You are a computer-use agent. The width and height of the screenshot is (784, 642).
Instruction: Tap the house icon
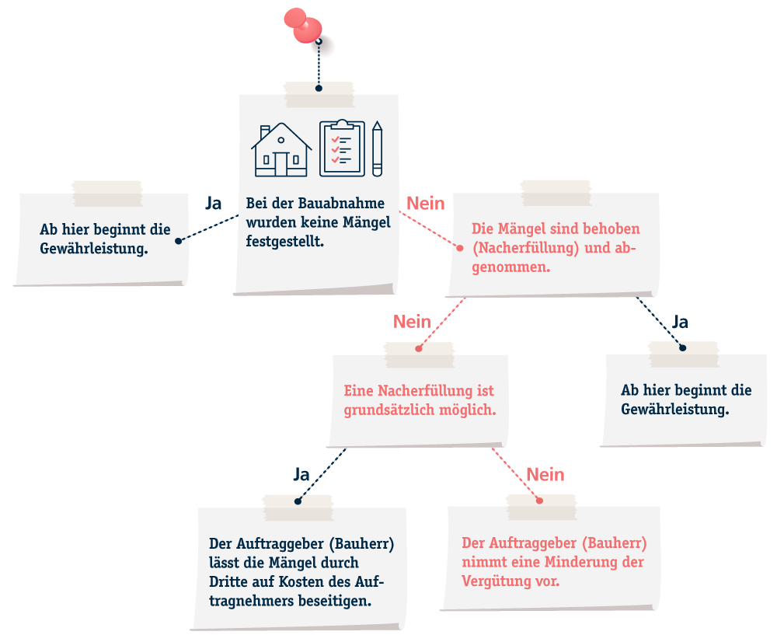click(x=281, y=149)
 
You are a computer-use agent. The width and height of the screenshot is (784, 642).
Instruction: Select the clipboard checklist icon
click(x=342, y=148)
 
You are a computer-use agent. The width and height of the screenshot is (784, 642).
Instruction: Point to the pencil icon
click(x=377, y=148)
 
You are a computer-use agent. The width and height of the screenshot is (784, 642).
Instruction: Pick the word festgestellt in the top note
click(x=284, y=242)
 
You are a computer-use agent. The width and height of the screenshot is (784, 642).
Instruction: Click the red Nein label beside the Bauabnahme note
click(x=426, y=204)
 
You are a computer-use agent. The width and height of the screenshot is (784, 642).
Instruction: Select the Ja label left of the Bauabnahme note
click(x=214, y=203)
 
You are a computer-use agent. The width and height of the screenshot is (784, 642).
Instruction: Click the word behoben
click(x=611, y=229)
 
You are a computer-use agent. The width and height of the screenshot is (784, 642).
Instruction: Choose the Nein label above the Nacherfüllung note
click(x=412, y=322)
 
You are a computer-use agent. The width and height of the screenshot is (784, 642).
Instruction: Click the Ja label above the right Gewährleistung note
click(x=680, y=322)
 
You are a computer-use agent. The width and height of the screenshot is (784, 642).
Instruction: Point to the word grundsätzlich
click(x=389, y=410)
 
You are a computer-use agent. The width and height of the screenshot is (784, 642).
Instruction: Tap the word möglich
click(x=468, y=410)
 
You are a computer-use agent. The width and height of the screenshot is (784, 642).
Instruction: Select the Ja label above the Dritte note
click(x=301, y=474)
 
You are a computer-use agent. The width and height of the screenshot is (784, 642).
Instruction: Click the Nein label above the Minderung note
click(x=545, y=474)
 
